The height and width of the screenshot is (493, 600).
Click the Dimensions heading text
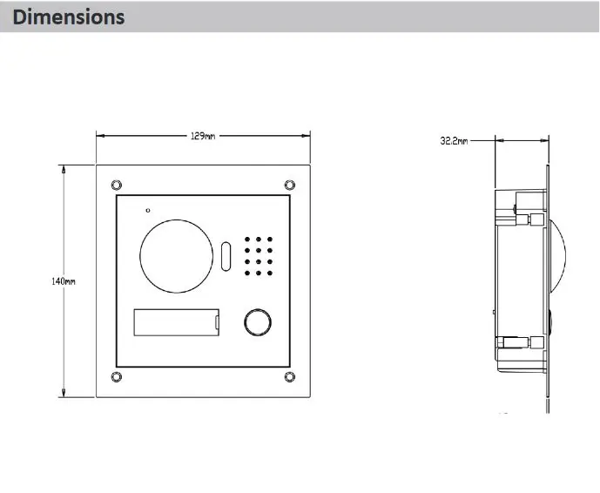pyautogui.click(x=69, y=17)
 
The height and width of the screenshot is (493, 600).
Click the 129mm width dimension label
pyautogui.click(x=203, y=136)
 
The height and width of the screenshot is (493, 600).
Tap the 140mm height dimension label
pyautogui.click(x=64, y=281)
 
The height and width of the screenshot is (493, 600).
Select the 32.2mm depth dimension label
pyautogui.click(x=454, y=141)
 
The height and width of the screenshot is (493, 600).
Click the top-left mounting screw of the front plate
pyautogui.click(x=117, y=186)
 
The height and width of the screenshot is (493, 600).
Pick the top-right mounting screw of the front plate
pyautogui.click(x=290, y=186)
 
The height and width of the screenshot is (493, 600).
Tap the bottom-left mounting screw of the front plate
pyautogui.click(x=117, y=377)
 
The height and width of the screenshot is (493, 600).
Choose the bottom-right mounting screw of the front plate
pyautogui.click(x=290, y=377)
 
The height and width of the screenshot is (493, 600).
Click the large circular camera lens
pyautogui.click(x=177, y=219)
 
